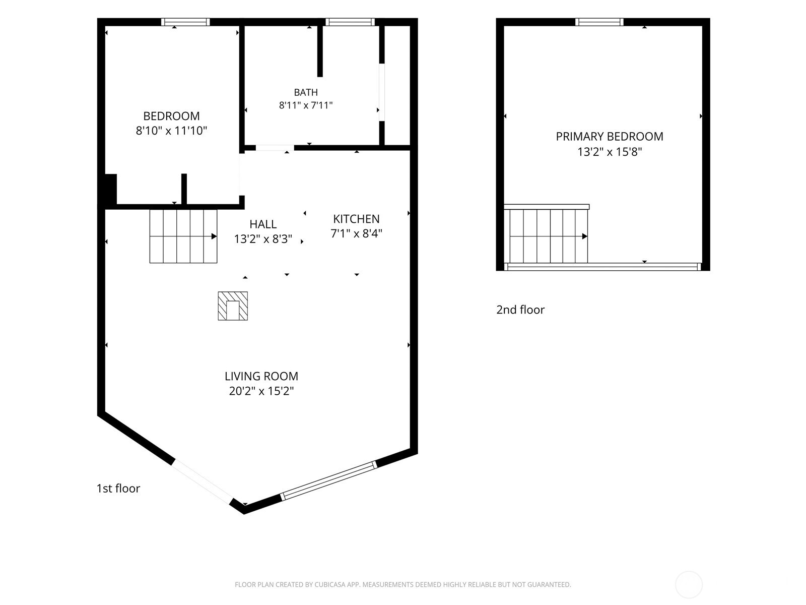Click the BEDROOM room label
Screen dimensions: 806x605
(x=171, y=116)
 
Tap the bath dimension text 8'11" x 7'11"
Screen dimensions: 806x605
(x=306, y=105)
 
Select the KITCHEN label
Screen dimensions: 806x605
(x=356, y=219)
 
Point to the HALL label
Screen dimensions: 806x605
(x=263, y=224)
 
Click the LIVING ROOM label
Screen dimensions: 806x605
(x=261, y=376)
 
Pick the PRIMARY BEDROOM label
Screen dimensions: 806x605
(x=610, y=137)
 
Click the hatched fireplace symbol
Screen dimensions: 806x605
(x=233, y=306)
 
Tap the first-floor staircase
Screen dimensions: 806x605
(x=183, y=236)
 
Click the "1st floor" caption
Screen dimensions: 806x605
(x=118, y=489)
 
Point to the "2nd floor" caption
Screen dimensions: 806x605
(x=520, y=310)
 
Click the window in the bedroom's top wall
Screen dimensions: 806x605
(x=185, y=22)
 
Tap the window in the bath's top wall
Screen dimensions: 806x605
(x=350, y=22)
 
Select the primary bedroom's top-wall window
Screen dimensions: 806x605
(x=599, y=22)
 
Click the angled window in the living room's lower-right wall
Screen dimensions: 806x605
(x=328, y=481)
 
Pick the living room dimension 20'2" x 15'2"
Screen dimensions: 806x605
(x=261, y=391)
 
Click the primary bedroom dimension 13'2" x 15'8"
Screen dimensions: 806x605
(x=610, y=152)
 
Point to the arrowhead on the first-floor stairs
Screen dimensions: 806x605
(x=214, y=236)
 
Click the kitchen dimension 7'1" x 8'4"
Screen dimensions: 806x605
(x=356, y=233)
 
